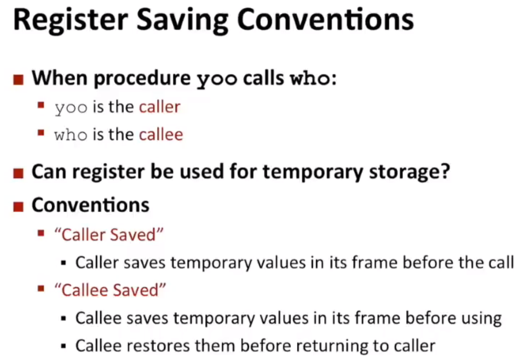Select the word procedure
tap(142, 79)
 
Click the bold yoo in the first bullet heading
tap(217, 80)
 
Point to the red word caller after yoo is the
tap(160, 107)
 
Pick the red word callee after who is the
tap(161, 134)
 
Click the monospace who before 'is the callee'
tap(71, 135)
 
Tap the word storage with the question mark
tap(409, 172)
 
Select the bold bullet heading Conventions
tap(90, 205)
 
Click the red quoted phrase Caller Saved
tap(109, 235)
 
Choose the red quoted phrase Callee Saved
tap(110, 290)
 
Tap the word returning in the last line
tap(332, 347)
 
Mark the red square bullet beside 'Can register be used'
tap(19, 173)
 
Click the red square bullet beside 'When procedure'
tap(19, 80)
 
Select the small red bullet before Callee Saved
tap(41, 289)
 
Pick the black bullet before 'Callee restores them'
tap(64, 346)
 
